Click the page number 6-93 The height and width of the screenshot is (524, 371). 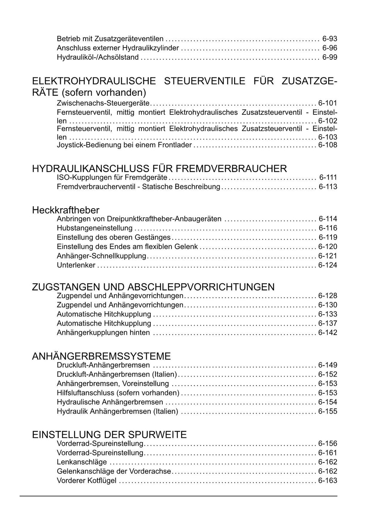(330, 39)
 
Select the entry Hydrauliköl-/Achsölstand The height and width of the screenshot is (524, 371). (98, 57)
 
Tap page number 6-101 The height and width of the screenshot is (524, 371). (328, 103)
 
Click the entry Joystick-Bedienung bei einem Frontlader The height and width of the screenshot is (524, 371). (124, 145)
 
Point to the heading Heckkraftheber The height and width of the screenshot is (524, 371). (66, 210)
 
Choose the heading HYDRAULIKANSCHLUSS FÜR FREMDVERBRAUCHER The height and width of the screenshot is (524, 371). (159, 169)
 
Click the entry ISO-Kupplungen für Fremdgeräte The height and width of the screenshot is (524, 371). (112, 177)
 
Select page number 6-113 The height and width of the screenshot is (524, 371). (328, 187)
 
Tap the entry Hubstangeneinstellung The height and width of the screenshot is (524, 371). (95, 228)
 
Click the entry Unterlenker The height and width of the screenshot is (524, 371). (76, 265)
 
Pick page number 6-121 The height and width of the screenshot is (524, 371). (328, 256)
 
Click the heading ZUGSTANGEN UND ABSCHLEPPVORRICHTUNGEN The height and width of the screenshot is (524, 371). (153, 287)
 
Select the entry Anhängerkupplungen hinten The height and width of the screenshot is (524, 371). (103, 333)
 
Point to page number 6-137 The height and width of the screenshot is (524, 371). (328, 323)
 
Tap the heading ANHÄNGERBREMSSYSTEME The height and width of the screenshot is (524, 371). (101, 356)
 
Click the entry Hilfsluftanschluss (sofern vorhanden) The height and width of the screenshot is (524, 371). (118, 393)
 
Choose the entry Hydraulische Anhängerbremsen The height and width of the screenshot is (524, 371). (110, 402)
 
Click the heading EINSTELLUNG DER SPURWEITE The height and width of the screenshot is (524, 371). (109, 435)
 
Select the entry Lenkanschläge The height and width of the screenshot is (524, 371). (82, 462)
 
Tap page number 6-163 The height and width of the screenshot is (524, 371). (328, 481)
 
